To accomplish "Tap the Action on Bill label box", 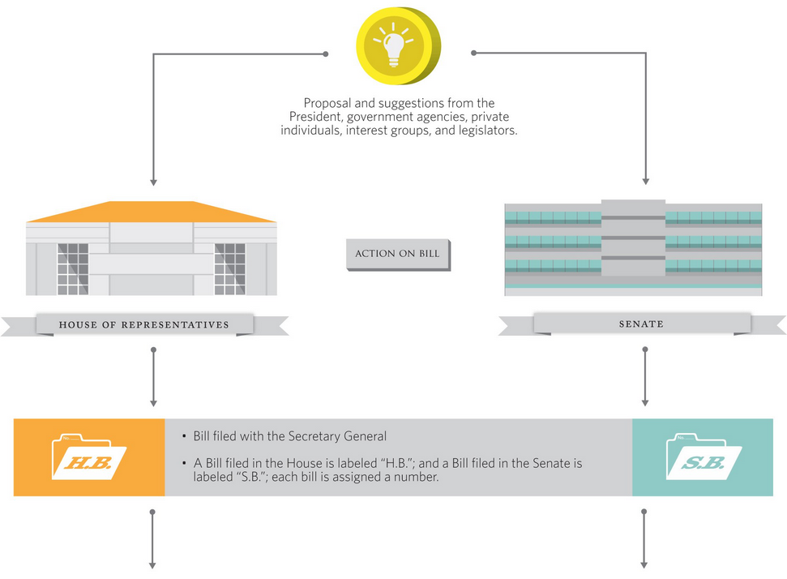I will click(397, 254).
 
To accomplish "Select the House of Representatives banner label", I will click(144, 325).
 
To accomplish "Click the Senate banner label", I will click(641, 324).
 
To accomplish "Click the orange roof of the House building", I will click(152, 212).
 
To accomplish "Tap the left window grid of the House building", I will click(73, 268).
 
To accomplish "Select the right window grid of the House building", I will click(229, 268).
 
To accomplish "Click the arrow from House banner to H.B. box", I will click(152, 377).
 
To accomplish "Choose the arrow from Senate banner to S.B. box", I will click(645, 377).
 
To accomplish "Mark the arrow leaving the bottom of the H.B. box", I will click(152, 538).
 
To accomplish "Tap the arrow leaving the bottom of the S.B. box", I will click(645, 538).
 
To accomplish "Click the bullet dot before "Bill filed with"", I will click(186, 436).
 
